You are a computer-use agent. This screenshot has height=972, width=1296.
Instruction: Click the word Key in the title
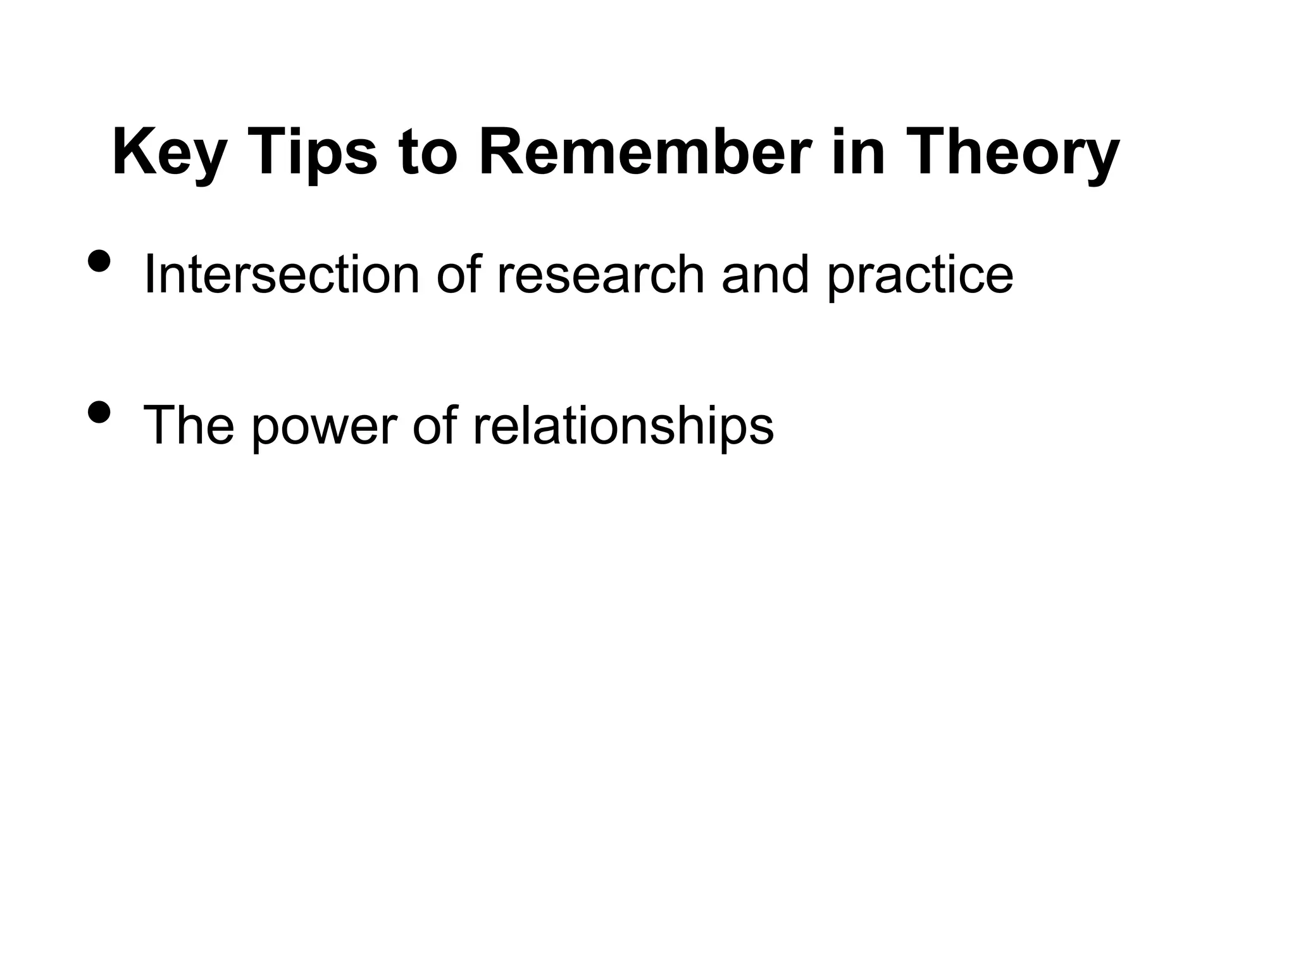168,153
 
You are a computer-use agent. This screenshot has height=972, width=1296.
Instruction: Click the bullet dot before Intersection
99,260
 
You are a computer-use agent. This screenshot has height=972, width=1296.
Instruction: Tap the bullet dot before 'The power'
99,412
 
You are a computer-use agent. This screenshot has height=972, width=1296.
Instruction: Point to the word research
601,275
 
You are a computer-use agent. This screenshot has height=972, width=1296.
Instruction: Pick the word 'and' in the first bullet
765,275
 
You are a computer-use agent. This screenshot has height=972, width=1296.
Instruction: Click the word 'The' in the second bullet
189,425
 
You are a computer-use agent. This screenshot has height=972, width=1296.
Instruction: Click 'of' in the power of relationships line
435,425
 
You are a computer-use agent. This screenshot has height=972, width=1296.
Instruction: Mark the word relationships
623,425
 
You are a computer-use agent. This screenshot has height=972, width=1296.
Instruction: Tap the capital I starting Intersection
149,275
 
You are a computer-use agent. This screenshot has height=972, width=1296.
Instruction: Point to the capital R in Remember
501,153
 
